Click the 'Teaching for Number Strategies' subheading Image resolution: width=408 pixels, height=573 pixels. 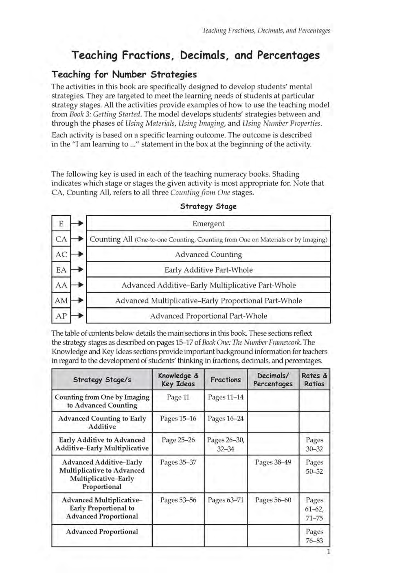124,74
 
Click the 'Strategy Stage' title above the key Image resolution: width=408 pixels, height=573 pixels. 208,206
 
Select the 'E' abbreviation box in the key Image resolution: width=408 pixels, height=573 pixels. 61,223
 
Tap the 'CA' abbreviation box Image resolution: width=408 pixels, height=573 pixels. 61,239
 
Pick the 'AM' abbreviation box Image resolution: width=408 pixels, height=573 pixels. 61,300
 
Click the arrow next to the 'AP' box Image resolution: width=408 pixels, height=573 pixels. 78,316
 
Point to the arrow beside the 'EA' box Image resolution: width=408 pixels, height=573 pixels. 78,269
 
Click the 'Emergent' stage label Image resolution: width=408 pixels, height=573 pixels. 208,223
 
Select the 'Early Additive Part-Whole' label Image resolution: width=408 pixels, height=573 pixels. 208,270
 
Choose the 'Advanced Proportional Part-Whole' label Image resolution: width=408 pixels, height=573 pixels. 208,316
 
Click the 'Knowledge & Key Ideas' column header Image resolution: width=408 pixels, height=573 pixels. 178,380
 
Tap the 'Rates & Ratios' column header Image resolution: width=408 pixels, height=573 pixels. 314,380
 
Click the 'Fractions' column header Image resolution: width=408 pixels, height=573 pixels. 225,380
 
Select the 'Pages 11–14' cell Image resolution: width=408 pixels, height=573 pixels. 225,397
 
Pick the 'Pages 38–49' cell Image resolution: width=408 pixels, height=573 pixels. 273,462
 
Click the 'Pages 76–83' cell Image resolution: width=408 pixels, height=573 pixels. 314,536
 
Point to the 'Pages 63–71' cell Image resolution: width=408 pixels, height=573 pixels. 225,500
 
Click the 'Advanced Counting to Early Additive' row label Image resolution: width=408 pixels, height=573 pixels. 102,422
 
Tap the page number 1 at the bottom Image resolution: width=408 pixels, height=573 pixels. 328,552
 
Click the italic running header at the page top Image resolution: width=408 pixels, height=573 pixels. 266,31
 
